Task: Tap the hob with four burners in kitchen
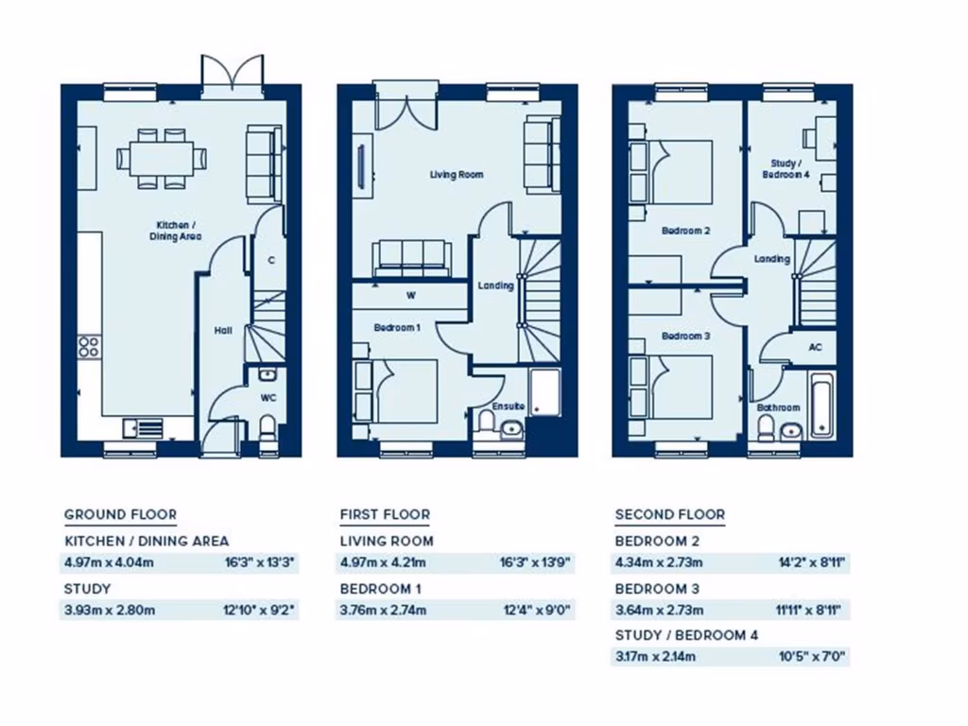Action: [89, 346]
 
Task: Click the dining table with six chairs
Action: [161, 158]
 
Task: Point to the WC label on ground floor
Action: [268, 397]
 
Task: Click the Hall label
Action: [223, 331]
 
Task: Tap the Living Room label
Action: [457, 175]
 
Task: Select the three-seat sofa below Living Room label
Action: [410, 257]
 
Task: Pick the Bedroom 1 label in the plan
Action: [396, 327]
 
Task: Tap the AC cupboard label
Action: [815, 347]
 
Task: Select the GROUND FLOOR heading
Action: [120, 515]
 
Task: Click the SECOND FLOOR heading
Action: [670, 515]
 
